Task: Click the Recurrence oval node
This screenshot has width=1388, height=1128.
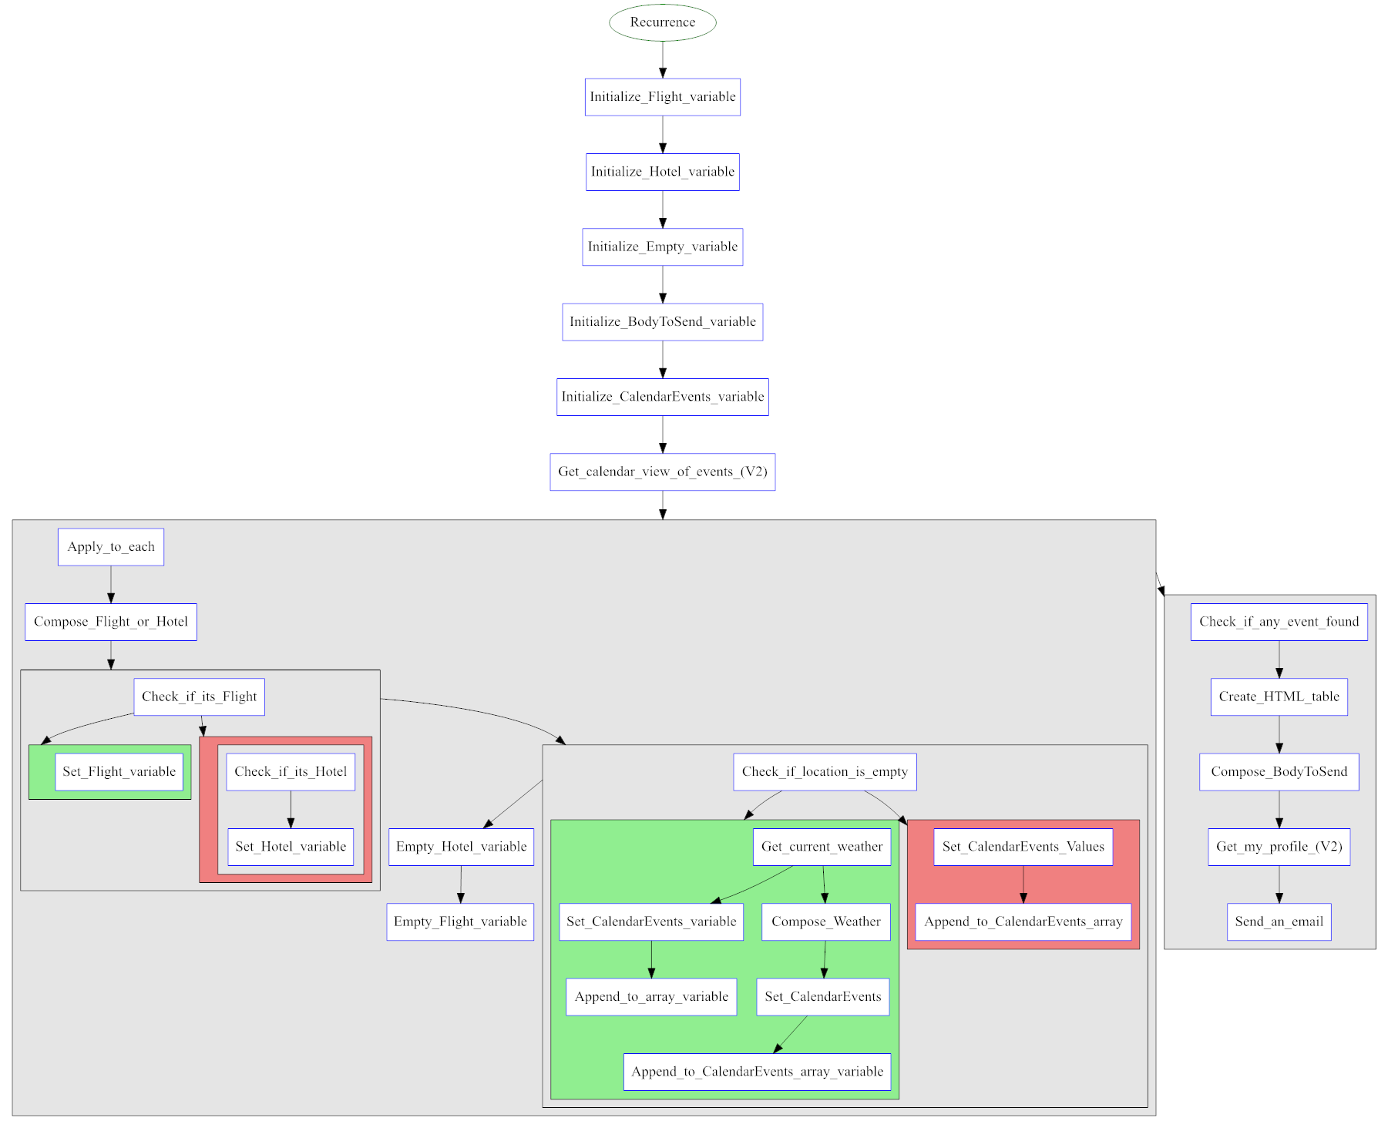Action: [662, 22]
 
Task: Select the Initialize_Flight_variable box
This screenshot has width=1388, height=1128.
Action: [662, 97]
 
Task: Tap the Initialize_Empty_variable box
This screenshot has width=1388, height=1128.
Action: [662, 247]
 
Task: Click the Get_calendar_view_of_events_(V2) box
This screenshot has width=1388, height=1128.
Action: [662, 472]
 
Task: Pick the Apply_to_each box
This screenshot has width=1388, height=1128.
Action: [111, 546]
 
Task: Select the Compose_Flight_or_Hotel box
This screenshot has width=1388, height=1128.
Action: [111, 622]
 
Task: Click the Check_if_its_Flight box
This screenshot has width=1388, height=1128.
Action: [199, 697]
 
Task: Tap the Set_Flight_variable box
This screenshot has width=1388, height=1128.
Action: [119, 771]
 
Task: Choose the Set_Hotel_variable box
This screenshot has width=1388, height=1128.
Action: [291, 846]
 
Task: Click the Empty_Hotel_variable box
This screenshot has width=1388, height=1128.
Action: [461, 846]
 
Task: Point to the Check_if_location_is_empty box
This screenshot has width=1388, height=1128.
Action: [825, 771]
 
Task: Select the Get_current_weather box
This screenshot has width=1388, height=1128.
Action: [822, 846]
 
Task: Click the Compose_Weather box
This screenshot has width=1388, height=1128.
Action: [825, 922]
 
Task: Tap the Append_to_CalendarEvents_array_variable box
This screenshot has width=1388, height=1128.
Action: [757, 1071]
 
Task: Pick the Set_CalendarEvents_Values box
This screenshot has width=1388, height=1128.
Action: [1023, 846]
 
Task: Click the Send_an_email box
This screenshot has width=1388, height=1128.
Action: [1279, 922]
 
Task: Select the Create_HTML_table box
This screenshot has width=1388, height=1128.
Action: [1279, 697]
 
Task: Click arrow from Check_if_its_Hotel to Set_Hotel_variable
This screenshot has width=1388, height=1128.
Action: [291, 809]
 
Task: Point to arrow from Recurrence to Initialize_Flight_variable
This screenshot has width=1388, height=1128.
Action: [662, 59]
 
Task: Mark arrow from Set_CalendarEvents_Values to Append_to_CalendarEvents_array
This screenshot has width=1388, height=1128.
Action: [1023, 884]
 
